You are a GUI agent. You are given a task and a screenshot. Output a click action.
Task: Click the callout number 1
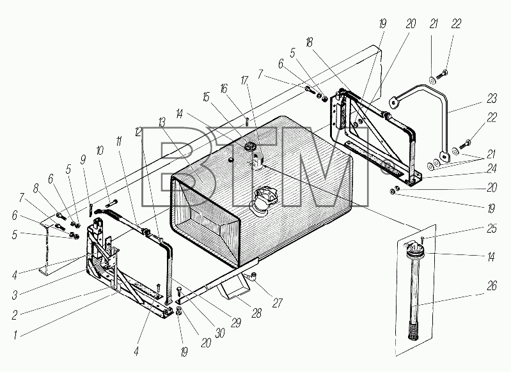(15, 335)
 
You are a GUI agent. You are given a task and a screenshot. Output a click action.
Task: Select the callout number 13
(162, 123)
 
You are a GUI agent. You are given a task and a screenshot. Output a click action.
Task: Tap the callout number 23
(492, 98)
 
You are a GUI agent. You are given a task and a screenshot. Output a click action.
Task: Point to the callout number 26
(492, 286)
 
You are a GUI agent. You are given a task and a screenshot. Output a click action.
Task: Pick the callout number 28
(256, 313)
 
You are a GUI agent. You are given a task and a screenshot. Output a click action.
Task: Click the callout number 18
(310, 42)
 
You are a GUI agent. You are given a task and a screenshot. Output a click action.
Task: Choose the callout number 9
(83, 160)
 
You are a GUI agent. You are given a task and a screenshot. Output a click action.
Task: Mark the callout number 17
(244, 81)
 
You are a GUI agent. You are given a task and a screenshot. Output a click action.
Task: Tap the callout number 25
(492, 229)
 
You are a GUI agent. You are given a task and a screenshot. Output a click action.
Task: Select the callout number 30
(220, 333)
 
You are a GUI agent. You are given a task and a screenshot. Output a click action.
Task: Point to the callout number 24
(492, 168)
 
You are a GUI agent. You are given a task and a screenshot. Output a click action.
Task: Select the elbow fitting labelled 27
(252, 277)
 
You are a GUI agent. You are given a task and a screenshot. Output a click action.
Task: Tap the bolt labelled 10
(111, 204)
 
